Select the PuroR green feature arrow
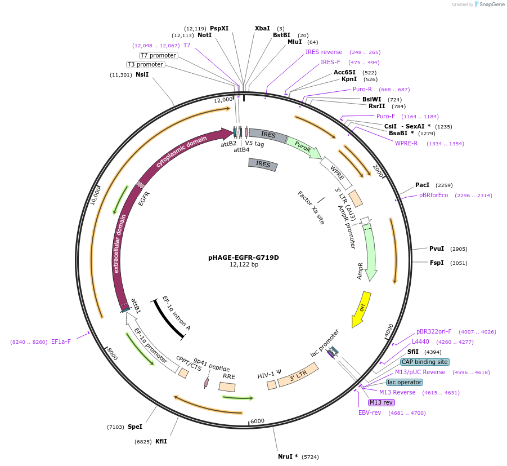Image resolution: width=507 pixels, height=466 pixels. (x=304, y=148)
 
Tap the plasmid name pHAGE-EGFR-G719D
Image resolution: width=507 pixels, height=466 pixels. (x=244, y=258)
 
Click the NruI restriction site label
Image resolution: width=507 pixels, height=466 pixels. (x=288, y=456)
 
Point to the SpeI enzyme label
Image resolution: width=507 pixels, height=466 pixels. (x=135, y=427)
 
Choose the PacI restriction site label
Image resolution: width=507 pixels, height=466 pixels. (x=422, y=185)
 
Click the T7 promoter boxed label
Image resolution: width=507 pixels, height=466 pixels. (x=158, y=55)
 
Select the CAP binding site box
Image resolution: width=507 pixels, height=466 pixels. (x=425, y=362)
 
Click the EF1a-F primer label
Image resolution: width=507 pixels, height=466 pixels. (x=61, y=341)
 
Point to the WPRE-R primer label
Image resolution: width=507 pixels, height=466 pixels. (x=406, y=143)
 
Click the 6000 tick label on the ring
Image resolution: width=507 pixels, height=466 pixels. (x=257, y=421)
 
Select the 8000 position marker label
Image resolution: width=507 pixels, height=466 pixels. (x=112, y=354)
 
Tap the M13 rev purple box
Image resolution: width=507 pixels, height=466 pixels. (x=382, y=402)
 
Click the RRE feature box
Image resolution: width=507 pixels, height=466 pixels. (x=227, y=387)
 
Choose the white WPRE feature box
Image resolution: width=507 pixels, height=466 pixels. (x=336, y=172)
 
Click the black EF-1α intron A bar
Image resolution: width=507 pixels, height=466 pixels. (x=169, y=319)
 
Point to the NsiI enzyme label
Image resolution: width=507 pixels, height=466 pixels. (x=142, y=74)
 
